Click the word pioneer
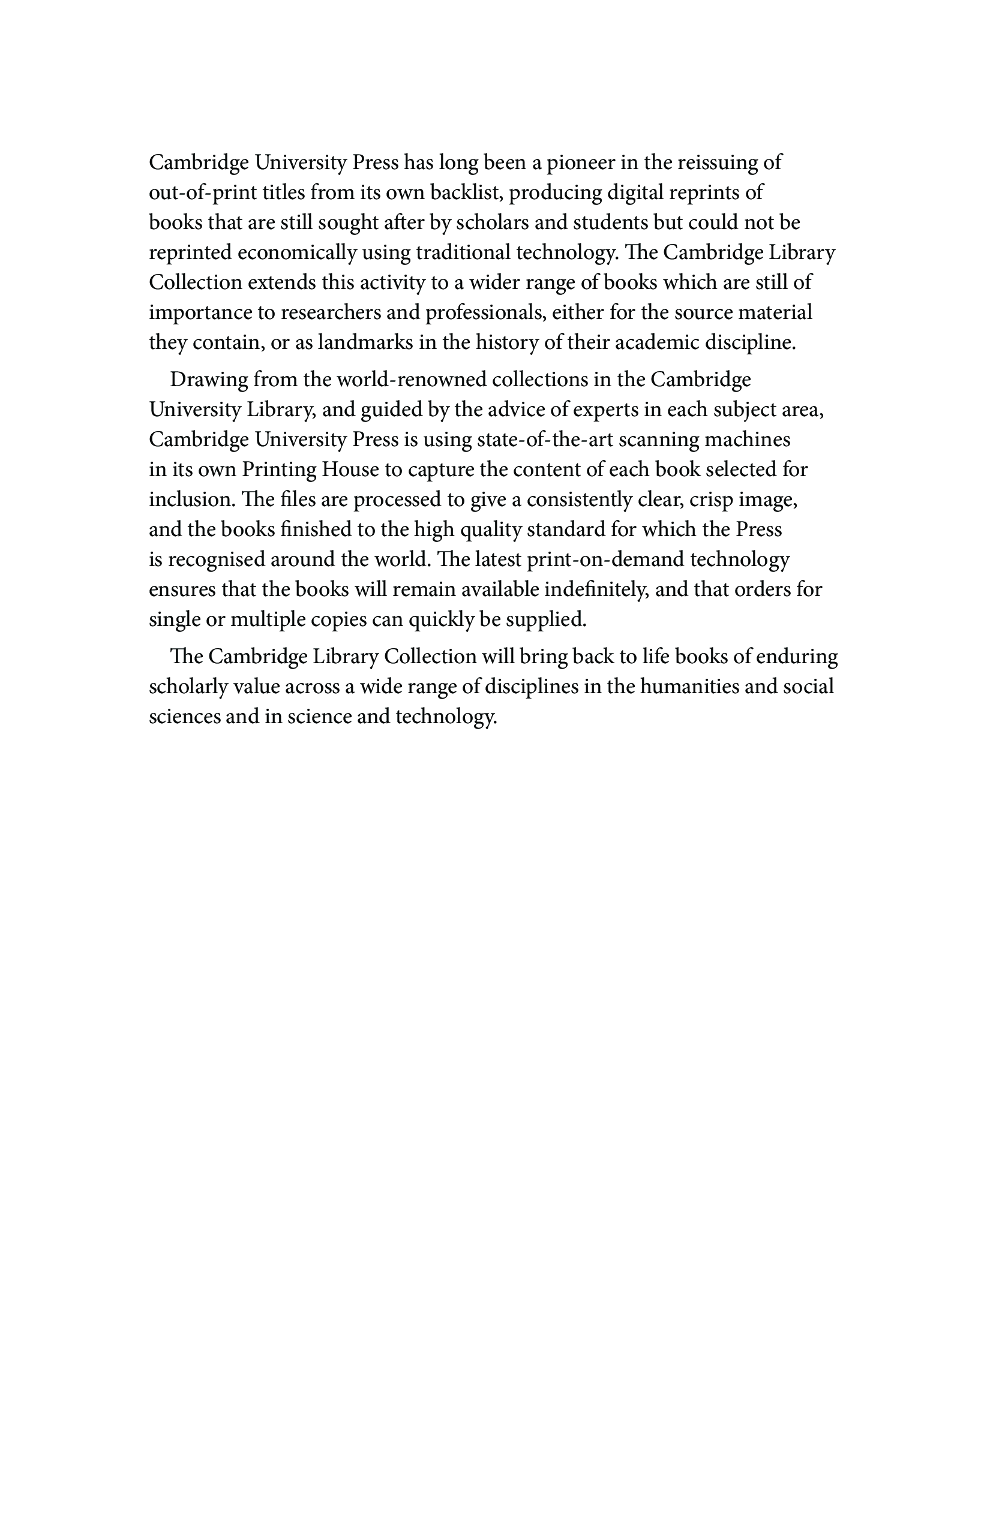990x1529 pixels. coord(579,163)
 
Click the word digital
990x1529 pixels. coord(637,192)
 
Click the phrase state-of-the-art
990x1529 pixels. coord(540,440)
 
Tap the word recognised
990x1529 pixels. coord(216,559)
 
